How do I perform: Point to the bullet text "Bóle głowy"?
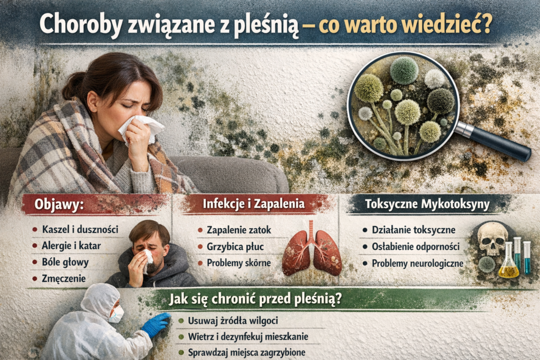point(65,262)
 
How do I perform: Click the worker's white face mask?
point(116,314)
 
